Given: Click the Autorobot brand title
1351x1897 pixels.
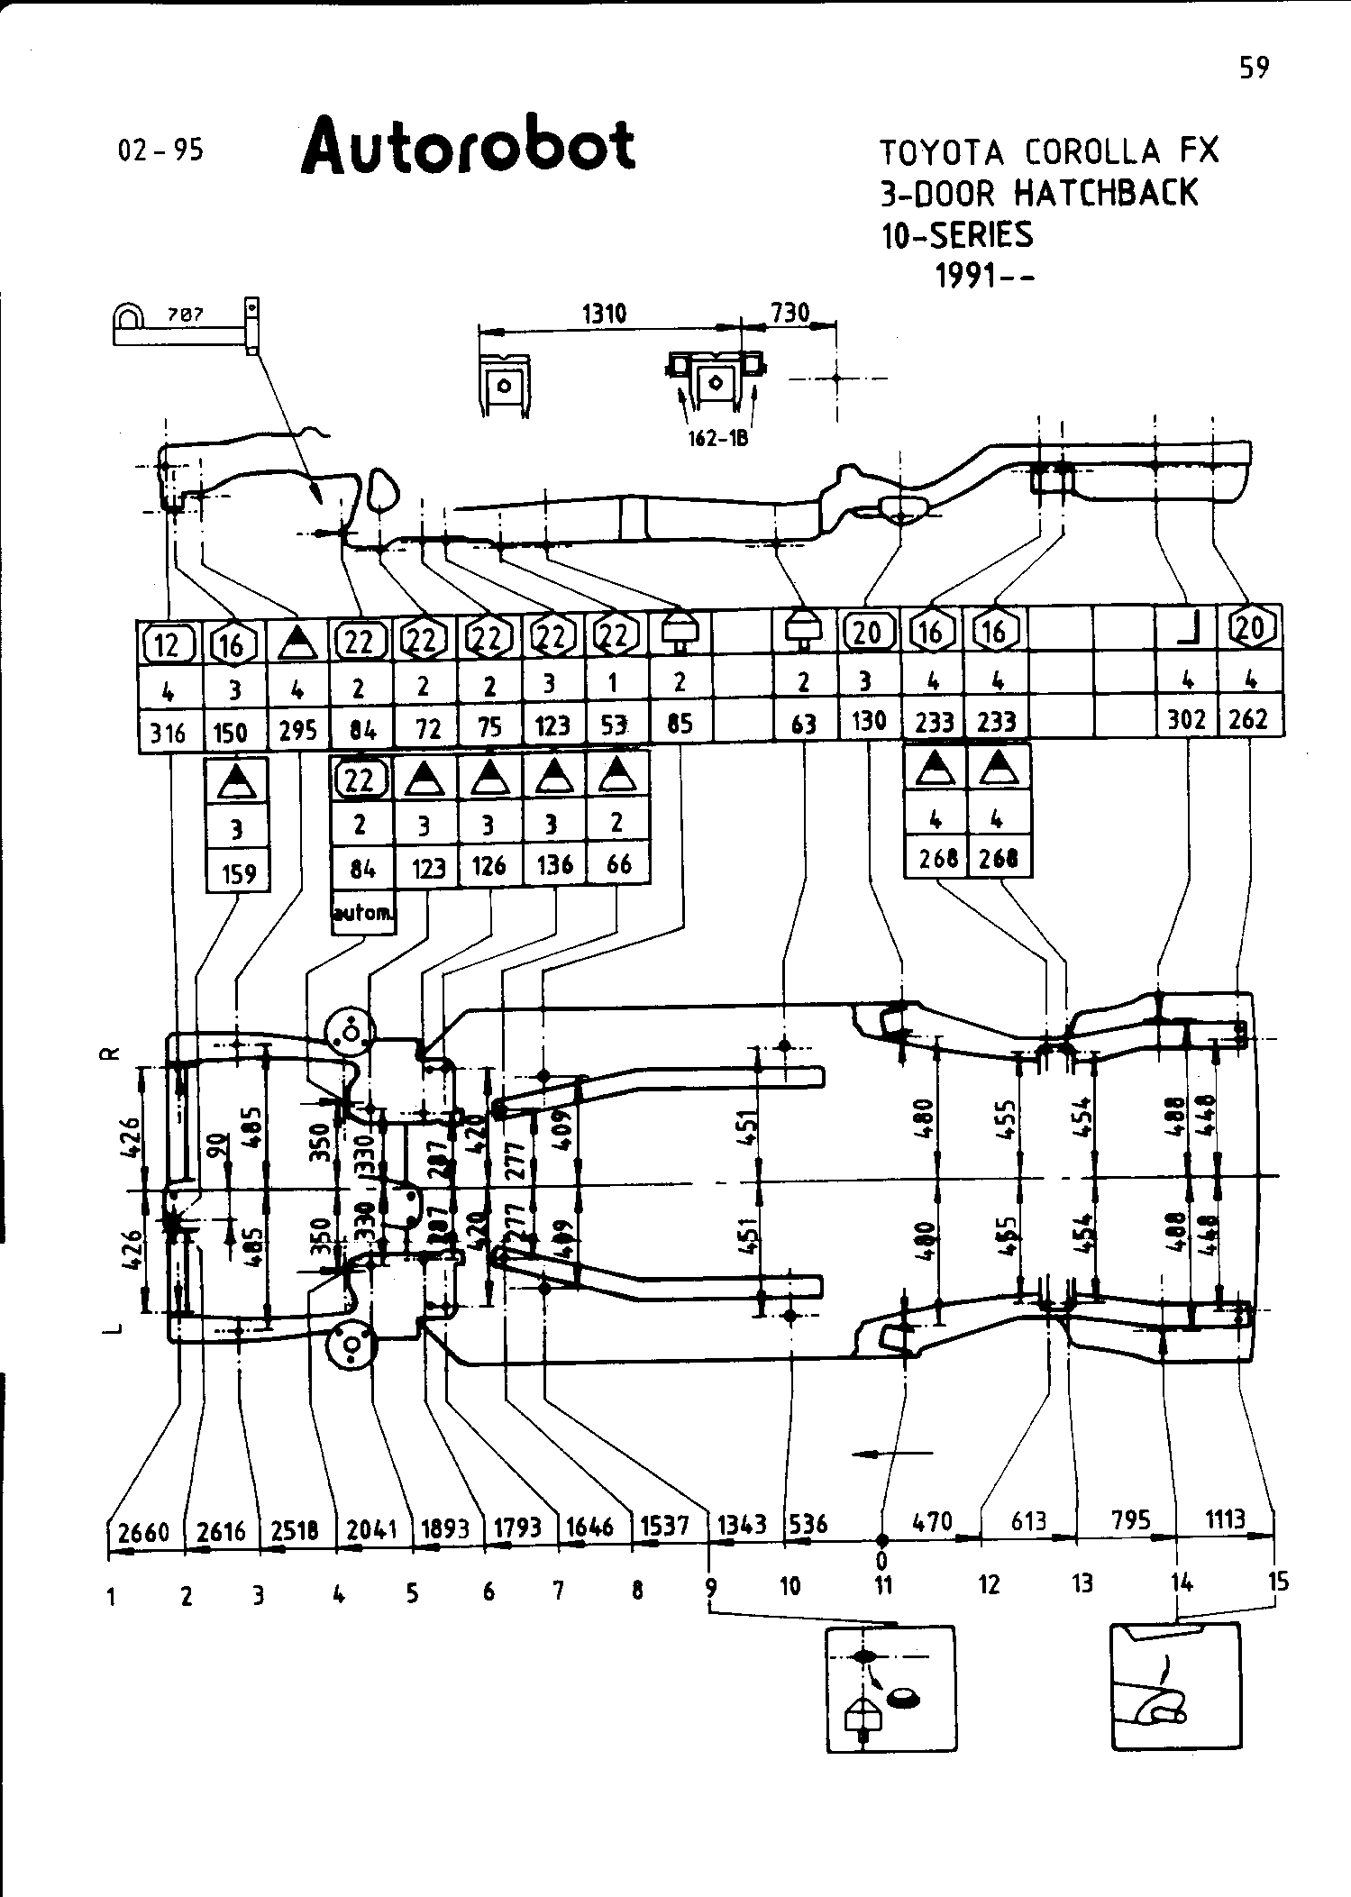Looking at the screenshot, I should click(x=468, y=147).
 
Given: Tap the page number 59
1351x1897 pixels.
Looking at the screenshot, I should click(x=1254, y=68).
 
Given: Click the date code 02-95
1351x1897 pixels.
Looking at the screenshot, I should click(x=161, y=150).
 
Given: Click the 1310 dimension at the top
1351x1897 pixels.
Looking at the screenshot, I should click(x=604, y=314).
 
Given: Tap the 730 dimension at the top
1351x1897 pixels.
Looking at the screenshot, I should click(x=790, y=313).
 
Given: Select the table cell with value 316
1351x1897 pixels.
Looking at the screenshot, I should click(x=169, y=733).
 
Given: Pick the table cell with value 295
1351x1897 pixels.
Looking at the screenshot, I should click(x=298, y=729).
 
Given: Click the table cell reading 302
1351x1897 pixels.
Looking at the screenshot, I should click(x=1186, y=720).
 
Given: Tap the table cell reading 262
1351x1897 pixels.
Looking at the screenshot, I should click(x=1249, y=719).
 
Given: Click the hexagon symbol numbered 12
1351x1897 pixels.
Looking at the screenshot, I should click(x=169, y=644).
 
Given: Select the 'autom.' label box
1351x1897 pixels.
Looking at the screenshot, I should click(x=363, y=912).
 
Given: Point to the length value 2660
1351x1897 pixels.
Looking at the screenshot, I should click(x=144, y=1531).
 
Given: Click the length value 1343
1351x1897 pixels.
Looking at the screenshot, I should click(x=742, y=1524).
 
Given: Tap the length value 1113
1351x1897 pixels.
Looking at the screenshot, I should click(x=1225, y=1519).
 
